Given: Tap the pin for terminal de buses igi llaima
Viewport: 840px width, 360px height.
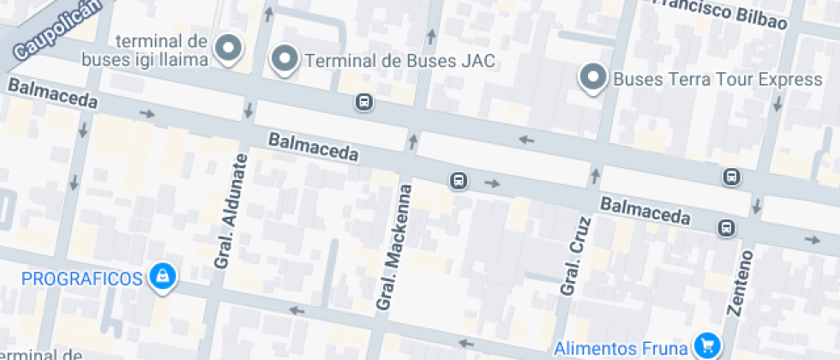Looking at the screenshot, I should pos(228,49).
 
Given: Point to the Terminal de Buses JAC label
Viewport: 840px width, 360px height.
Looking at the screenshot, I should pos(400,61).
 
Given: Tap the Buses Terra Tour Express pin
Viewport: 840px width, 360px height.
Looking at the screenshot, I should pos(592,78).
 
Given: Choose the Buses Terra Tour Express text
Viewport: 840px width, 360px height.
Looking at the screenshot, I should pos(717,80).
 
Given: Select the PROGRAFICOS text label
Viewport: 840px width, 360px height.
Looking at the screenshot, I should pos(81,278).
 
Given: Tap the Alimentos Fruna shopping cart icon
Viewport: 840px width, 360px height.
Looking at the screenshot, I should pos(706,345).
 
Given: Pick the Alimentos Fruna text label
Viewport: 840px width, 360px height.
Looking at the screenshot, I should pos(621,348).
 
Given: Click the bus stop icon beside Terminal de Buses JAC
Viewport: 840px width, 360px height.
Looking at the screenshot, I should pos(364,103).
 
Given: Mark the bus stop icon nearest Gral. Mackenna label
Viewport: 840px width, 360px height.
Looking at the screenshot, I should pos(459,181).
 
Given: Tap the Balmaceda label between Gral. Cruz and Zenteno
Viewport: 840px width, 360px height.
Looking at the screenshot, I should pos(645,210).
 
